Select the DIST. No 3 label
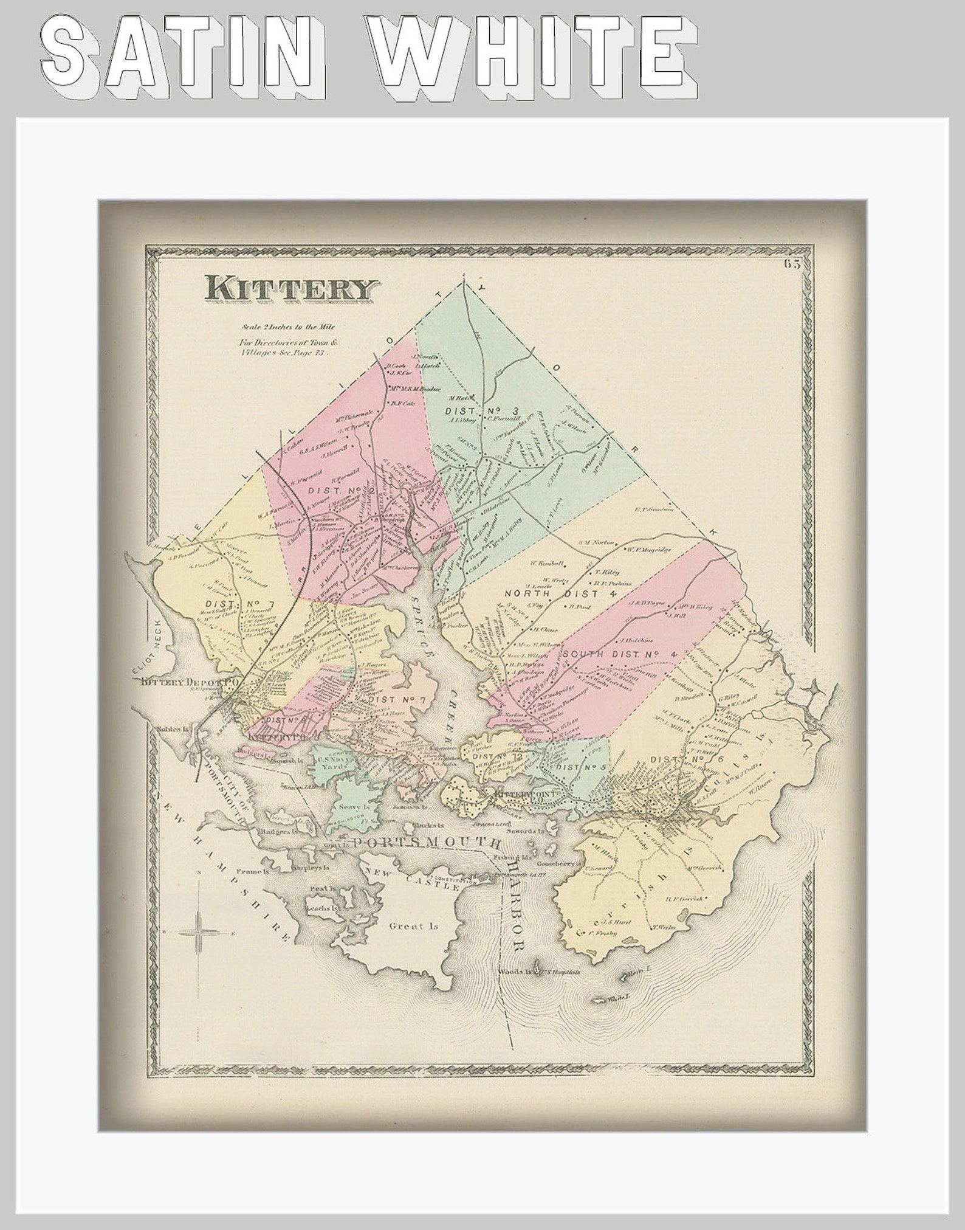click(x=480, y=411)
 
